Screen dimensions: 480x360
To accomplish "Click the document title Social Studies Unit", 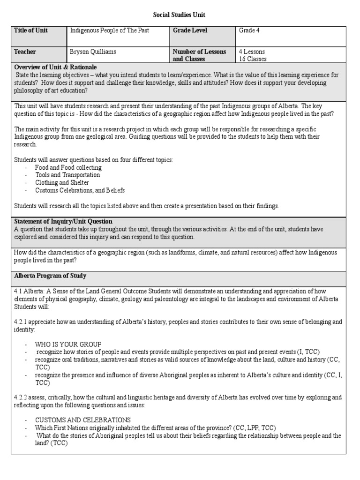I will point(180,15).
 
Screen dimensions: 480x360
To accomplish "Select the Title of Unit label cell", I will point(31,30).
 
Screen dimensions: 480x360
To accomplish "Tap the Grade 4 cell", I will point(248,30).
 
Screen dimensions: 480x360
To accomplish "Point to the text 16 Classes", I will point(253,59).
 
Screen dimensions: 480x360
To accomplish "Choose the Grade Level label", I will point(190,30).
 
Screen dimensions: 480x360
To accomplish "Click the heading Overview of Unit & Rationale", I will point(55,67).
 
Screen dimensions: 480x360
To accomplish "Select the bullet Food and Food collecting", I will point(68,167).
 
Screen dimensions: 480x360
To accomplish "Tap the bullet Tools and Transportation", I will point(67,175).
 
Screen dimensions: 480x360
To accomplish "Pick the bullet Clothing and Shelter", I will point(62,182).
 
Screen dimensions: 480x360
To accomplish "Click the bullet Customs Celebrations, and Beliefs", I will point(80,190).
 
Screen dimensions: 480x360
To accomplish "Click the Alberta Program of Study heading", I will point(50,276).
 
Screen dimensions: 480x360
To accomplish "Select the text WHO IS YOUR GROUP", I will point(68,344).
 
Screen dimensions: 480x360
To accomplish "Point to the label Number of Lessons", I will point(199,52).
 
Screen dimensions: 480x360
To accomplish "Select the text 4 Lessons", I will point(252,52).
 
